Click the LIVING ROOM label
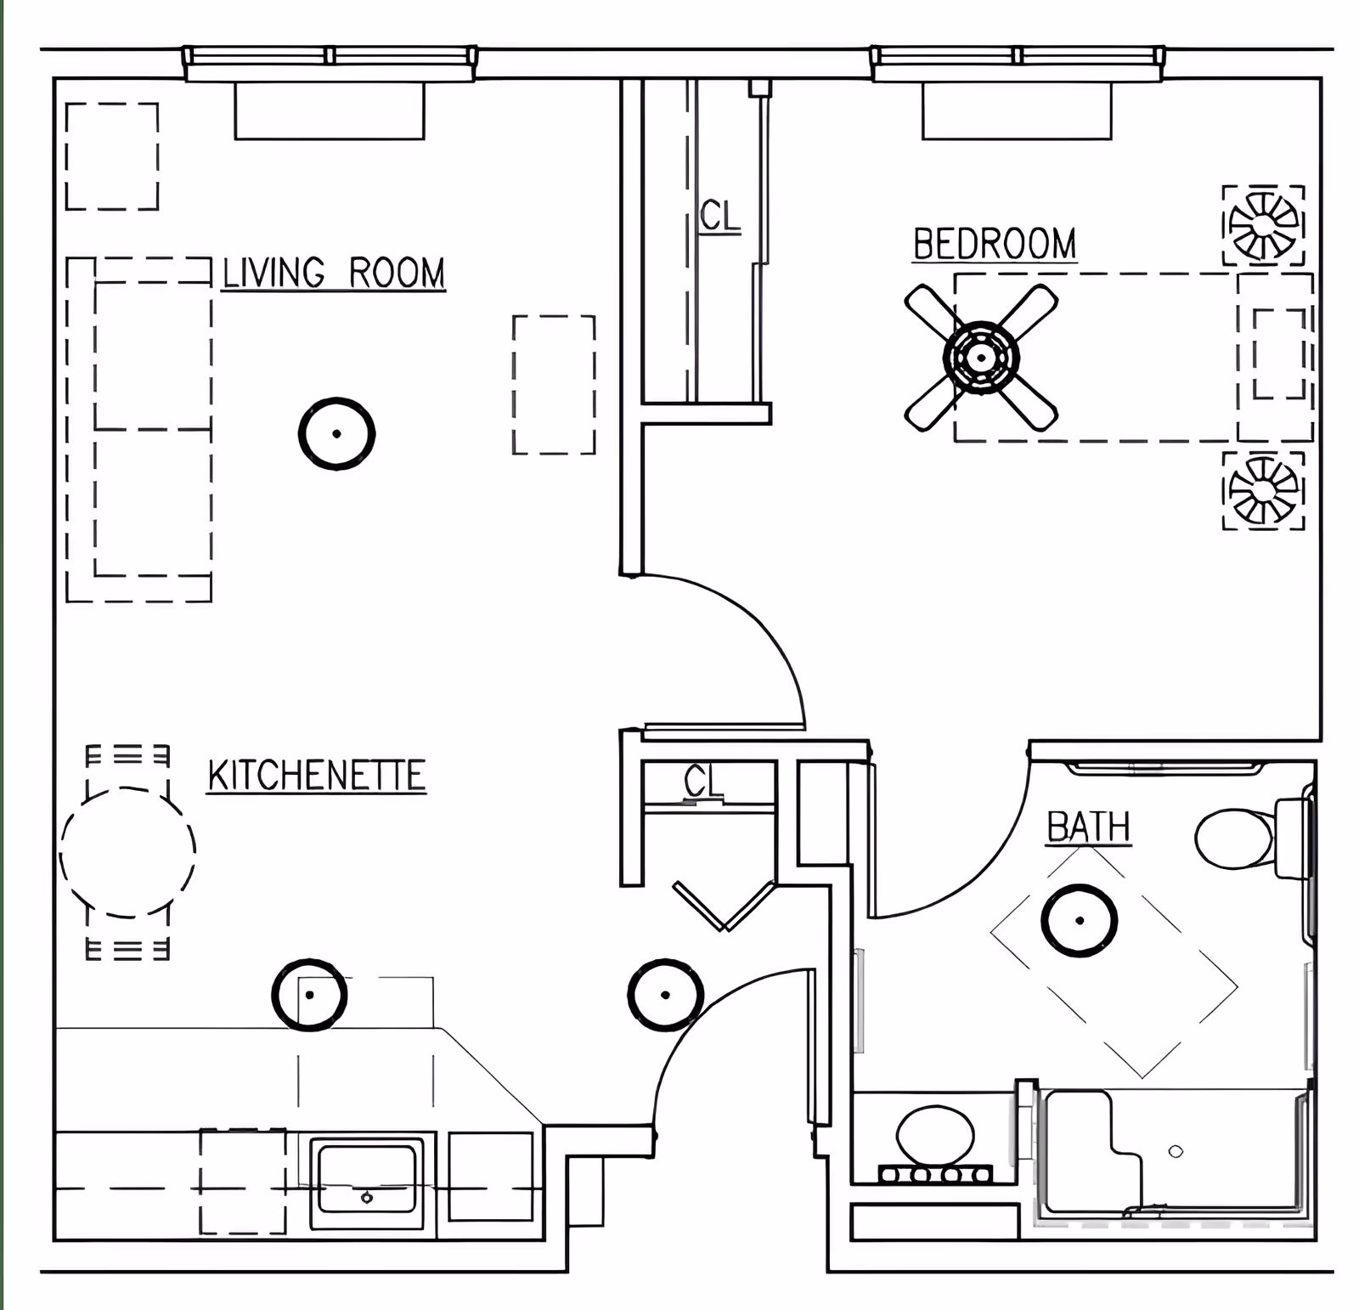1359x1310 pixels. click(333, 274)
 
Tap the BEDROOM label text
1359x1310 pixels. click(995, 245)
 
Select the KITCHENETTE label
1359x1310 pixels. click(316, 776)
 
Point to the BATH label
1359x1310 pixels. click(1088, 827)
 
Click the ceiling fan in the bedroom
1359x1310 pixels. click(981, 358)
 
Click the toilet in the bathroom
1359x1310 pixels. click(1236, 839)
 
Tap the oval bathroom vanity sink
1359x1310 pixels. click(935, 1136)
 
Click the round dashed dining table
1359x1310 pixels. click(127, 851)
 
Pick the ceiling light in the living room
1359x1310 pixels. click(337, 433)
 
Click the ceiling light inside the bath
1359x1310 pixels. click(1080, 920)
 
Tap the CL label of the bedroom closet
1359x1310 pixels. click(720, 216)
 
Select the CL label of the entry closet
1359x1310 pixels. click(702, 782)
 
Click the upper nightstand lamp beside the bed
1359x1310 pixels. click(1264, 225)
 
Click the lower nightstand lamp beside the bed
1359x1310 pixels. click(1264, 490)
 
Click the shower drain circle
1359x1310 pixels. click(1176, 1151)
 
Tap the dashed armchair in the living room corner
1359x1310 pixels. click(112, 156)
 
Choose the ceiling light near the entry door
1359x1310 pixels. click(665, 995)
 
